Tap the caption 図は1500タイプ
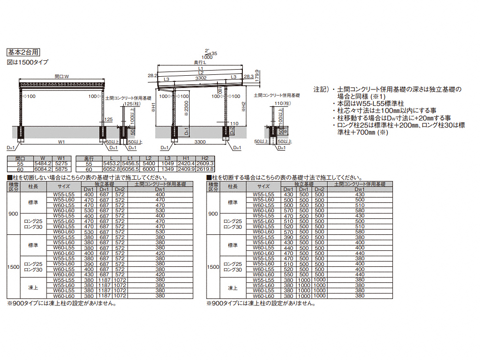pyautogui.click(x=27, y=62)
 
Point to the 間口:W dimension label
pyautogui.click(x=62, y=76)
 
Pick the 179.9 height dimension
pyautogui.click(x=257, y=75)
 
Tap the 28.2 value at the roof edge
pyautogui.click(x=152, y=75)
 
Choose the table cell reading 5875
pyautogui.click(x=62, y=168)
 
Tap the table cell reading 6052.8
pyautogui.click(x=112, y=168)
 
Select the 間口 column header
pyautogui.click(x=20, y=158)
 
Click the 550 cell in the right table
pyautogui.click(x=288, y=275)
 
